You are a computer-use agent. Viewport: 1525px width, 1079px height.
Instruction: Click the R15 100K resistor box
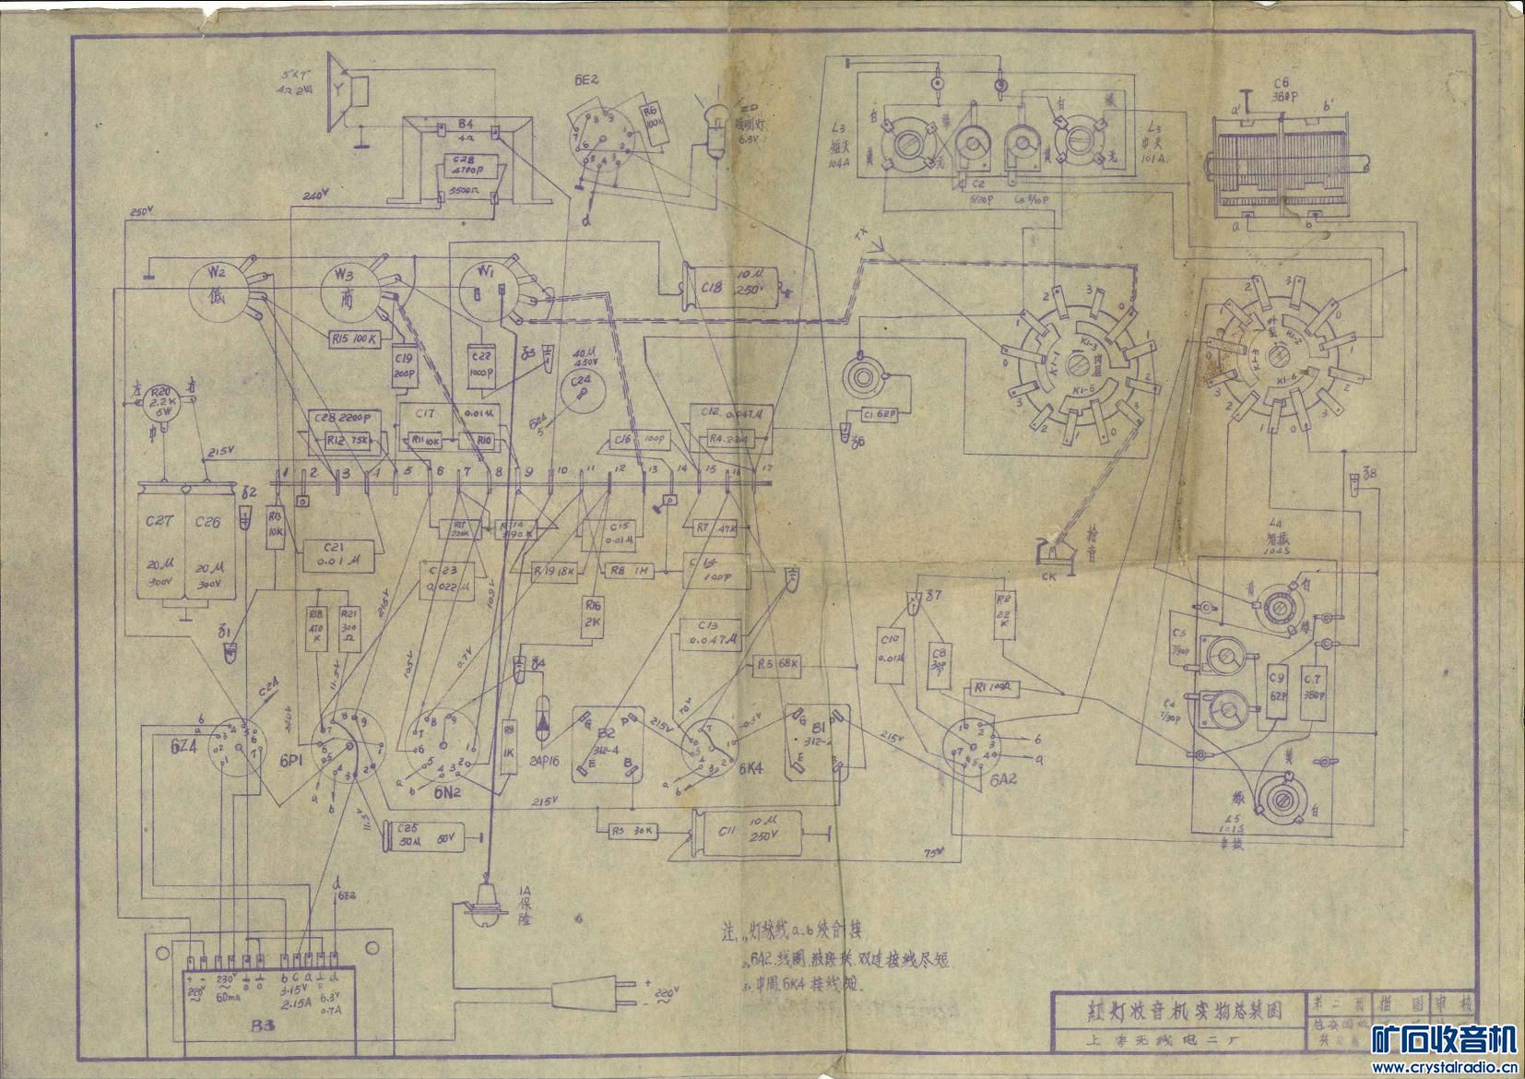[x=353, y=338]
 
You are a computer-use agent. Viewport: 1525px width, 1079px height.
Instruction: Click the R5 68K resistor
[x=775, y=663]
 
